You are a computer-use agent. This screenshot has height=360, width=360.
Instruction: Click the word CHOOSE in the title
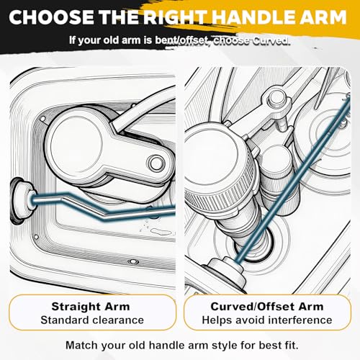point(52,17)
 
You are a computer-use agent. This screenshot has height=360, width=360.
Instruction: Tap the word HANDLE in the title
point(256,17)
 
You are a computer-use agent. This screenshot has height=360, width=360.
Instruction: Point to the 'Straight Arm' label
point(91,307)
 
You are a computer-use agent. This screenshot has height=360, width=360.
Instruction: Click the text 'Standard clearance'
point(92,320)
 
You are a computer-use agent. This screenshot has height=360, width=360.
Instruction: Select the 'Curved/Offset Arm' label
point(267,307)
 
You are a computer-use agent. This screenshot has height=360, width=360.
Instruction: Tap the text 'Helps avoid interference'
point(267,320)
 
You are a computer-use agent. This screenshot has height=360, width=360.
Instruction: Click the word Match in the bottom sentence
point(82,346)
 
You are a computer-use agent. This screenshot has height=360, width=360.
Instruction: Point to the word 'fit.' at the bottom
point(290,346)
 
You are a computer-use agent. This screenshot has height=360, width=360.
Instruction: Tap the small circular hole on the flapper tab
point(156,163)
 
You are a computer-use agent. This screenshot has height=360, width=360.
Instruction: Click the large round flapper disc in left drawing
point(76,144)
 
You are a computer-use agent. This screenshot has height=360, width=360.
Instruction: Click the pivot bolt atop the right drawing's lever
point(276,98)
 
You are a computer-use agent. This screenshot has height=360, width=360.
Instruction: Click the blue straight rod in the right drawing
point(293,178)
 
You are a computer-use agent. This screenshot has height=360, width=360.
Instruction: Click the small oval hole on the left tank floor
point(132,261)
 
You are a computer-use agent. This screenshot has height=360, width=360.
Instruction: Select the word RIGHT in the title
point(175,17)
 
